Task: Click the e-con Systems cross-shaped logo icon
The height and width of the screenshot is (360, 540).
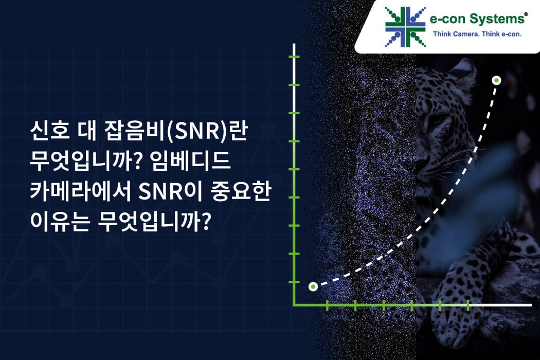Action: (x=405, y=27)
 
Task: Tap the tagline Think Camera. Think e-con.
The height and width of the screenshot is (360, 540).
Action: (x=477, y=34)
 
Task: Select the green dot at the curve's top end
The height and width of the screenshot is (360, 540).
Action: (x=496, y=81)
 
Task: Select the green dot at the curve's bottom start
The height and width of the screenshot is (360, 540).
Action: (x=313, y=286)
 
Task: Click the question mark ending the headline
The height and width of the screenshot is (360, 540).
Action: (x=205, y=222)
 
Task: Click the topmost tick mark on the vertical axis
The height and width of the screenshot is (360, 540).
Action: (x=294, y=57)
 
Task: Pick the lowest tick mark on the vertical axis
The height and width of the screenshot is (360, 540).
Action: (x=294, y=282)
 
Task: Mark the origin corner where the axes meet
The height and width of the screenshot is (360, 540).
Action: (x=294, y=305)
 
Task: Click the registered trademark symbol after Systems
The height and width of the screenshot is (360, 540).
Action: (x=526, y=14)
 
